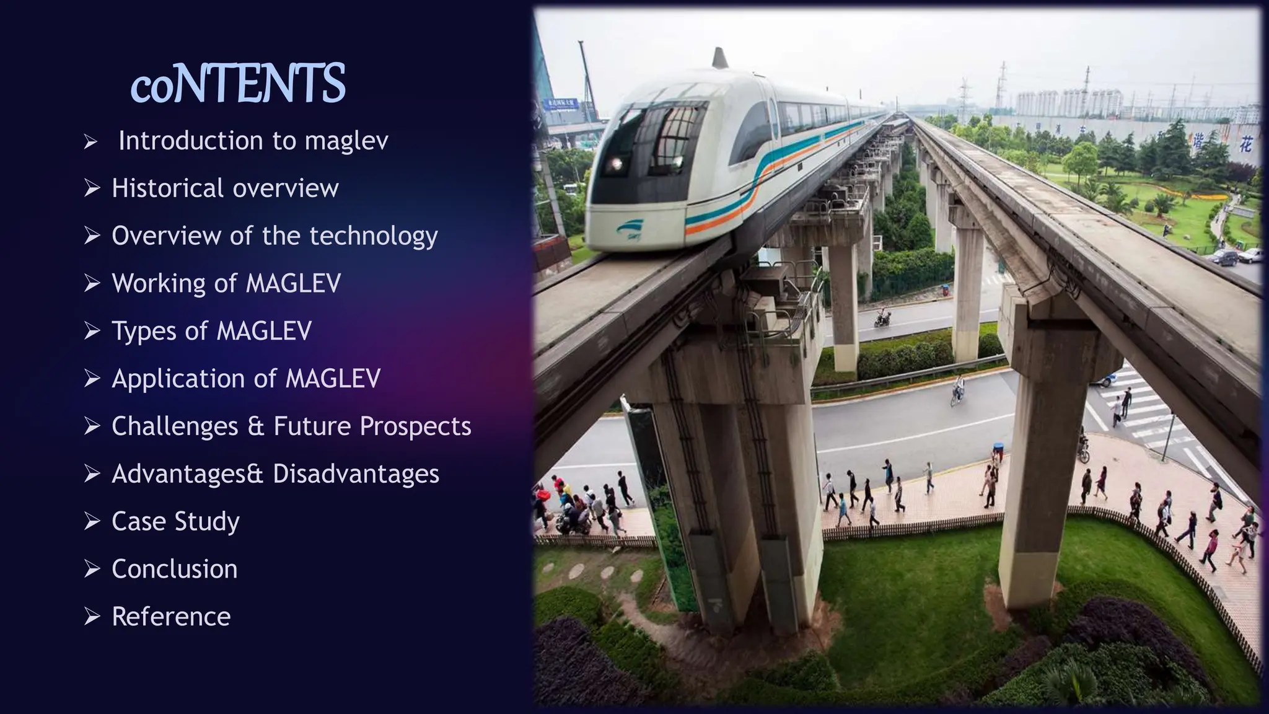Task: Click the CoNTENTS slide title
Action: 238,84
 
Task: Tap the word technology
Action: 374,236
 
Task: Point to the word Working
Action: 158,283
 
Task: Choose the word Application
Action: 187,379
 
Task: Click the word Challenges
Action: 175,426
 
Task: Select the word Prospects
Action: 415,426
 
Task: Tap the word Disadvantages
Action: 356,474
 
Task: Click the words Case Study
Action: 175,522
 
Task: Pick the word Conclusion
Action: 175,569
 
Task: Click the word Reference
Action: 171,617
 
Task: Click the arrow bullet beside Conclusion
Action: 92,569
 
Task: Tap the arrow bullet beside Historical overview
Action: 92,188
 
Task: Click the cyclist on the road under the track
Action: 958,390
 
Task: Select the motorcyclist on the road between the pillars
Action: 882,319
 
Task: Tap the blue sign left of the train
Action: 561,104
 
